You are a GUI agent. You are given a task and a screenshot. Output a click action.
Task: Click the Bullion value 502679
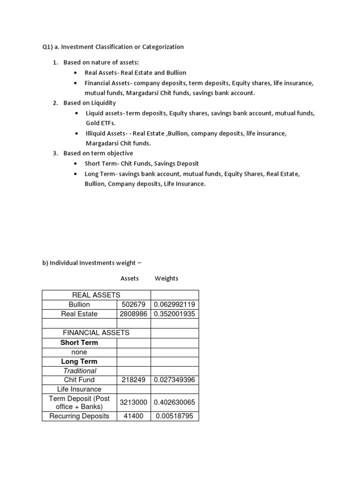[x=134, y=305]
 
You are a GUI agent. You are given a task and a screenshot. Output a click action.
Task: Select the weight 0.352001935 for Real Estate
[x=175, y=314]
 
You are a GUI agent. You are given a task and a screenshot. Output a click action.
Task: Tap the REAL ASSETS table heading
[x=96, y=295]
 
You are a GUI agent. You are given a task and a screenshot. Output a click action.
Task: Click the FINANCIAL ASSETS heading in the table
[x=96, y=333]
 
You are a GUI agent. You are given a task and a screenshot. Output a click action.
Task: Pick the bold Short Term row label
[x=79, y=343]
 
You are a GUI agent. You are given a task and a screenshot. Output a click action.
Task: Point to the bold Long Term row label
[x=79, y=361]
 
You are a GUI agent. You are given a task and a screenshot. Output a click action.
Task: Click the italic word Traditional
[x=80, y=371]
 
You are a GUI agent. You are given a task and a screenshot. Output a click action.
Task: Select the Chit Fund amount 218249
[x=134, y=380]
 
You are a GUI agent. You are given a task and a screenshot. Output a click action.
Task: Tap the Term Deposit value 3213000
[x=134, y=402]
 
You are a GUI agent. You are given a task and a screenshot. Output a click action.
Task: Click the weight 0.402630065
[x=175, y=402]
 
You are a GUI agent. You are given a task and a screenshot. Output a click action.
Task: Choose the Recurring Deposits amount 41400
[x=134, y=416]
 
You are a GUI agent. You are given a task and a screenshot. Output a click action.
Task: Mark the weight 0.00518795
[x=175, y=416]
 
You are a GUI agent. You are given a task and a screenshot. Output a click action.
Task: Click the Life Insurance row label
[x=79, y=389]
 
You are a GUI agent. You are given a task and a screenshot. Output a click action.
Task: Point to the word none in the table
[x=79, y=352]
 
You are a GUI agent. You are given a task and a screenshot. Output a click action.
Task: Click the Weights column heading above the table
[x=166, y=278]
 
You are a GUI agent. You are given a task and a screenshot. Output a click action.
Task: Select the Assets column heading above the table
[x=130, y=278]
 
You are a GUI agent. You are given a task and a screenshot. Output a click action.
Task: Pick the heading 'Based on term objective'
[x=98, y=153]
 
